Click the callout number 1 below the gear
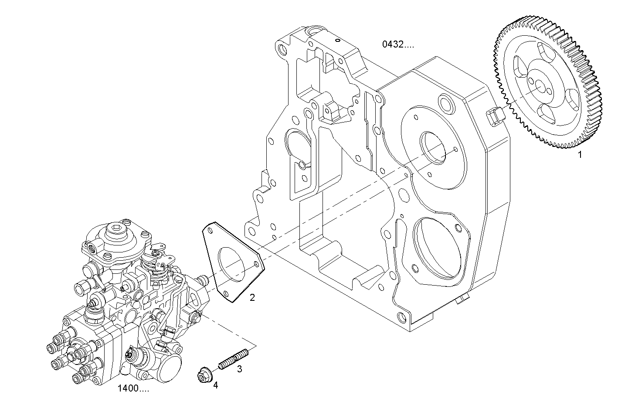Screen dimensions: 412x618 coord(580,154)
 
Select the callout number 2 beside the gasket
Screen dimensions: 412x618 coord(252,298)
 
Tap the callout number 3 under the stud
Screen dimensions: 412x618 coord(239,369)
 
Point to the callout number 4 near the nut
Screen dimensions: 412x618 coord(215,385)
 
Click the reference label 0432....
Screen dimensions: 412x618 coord(398,44)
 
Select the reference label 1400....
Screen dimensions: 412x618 coord(133,388)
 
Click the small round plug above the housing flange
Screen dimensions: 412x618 coord(445,103)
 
